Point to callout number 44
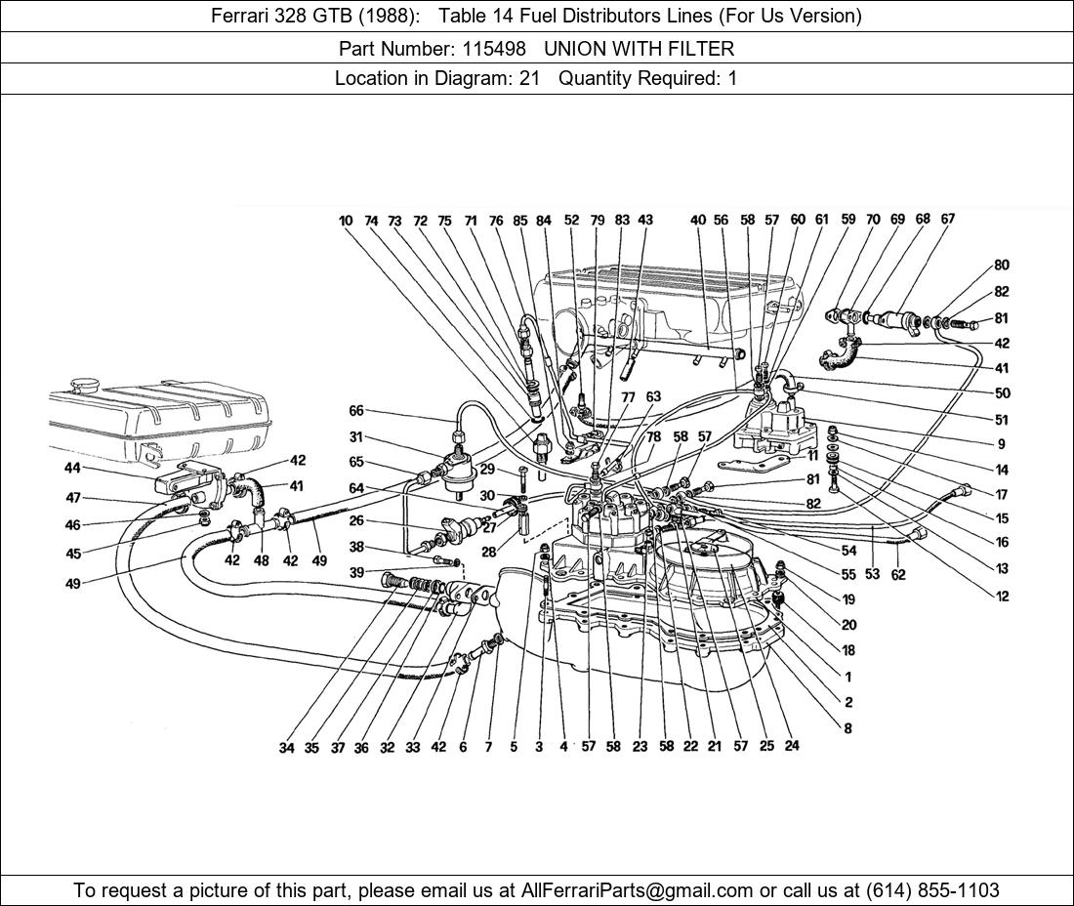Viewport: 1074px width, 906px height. click(x=72, y=469)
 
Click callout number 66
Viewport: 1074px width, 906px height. click(x=355, y=411)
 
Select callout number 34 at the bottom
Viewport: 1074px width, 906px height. click(x=286, y=748)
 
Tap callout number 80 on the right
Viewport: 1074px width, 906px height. click(x=1002, y=266)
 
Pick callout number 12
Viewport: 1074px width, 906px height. click(x=1003, y=597)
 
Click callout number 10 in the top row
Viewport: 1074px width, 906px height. click(x=346, y=222)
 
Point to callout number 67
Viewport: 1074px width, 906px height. click(x=948, y=220)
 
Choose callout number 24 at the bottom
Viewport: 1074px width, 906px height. click(x=792, y=746)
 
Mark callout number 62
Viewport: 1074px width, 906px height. click(x=898, y=575)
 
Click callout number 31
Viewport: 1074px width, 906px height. click(x=355, y=437)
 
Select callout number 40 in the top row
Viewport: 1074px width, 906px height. click(x=697, y=221)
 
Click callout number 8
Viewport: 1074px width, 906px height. click(x=848, y=728)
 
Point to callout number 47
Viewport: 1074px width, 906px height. click(x=72, y=498)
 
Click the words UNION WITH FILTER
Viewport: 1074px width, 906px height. click(x=639, y=48)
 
